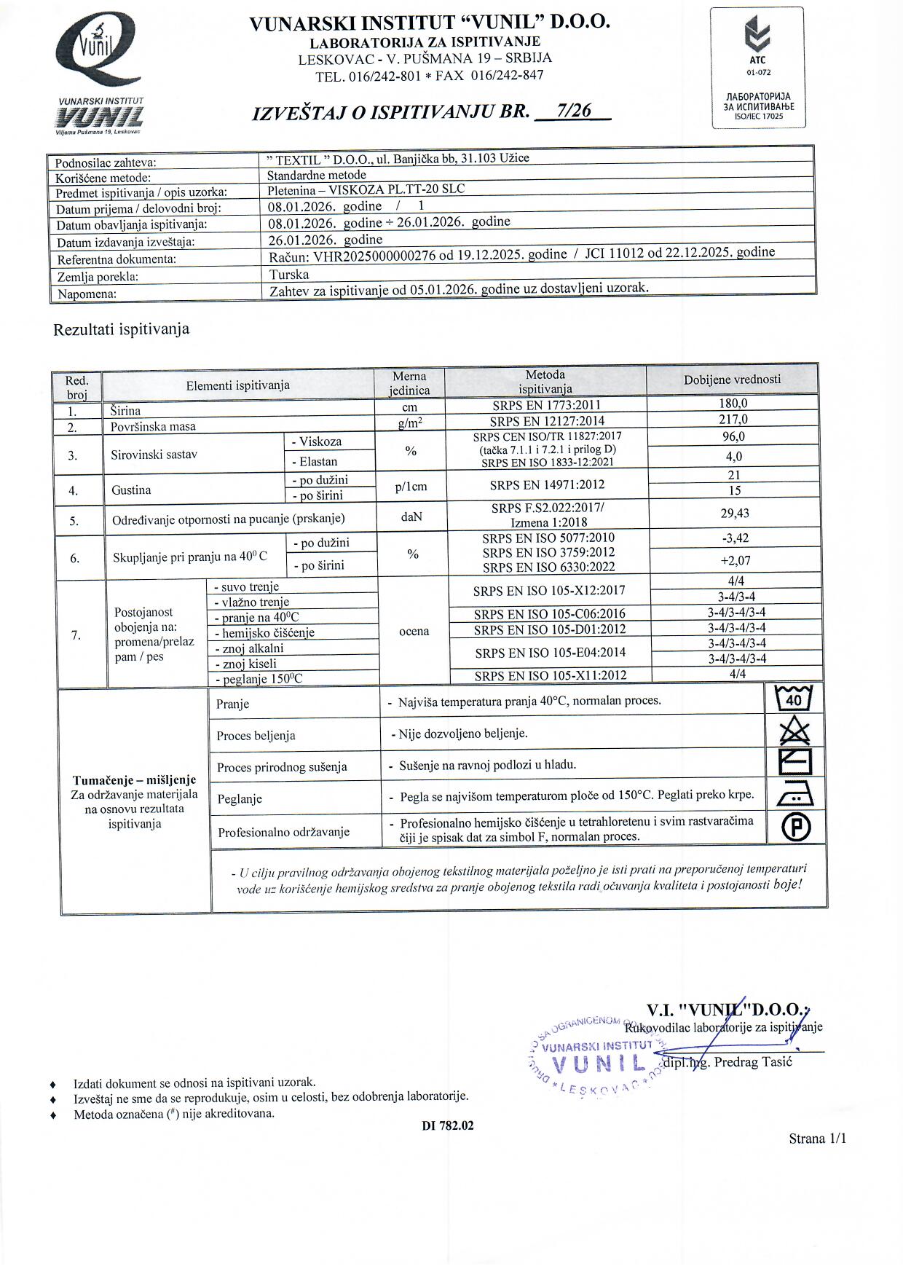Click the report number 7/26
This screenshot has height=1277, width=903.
572,111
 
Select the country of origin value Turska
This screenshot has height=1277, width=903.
289,275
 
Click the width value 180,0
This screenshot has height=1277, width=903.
733,404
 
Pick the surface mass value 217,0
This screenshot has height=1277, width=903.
733,420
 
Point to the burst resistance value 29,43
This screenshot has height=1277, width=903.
734,514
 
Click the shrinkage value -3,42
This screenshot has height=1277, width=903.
734,539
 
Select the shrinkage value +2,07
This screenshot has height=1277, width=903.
735,561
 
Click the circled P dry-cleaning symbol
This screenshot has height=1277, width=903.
796,828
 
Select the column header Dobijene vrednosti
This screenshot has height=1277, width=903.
732,380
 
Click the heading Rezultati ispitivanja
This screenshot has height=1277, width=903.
121,329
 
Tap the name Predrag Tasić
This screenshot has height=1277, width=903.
752,1062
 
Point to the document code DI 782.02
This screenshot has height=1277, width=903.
447,1125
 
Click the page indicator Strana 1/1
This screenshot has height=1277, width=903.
817,1139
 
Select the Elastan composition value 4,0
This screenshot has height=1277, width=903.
734,457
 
